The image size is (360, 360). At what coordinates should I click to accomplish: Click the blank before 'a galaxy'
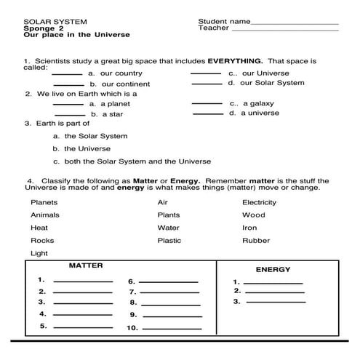(x=207, y=104)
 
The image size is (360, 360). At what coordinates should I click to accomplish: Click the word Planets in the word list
(x=44, y=202)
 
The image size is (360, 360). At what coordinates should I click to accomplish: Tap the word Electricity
(x=259, y=202)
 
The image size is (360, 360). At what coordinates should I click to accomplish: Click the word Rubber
(x=256, y=240)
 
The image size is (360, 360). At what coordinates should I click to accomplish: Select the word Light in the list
(x=39, y=253)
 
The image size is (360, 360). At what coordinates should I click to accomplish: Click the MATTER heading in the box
(x=85, y=266)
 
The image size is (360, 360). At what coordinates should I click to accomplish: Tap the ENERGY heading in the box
(x=273, y=270)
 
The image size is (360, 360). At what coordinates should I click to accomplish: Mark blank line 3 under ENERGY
(x=277, y=301)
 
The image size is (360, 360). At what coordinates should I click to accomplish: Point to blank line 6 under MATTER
(x=168, y=281)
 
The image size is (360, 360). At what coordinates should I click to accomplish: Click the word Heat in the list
(x=39, y=228)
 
